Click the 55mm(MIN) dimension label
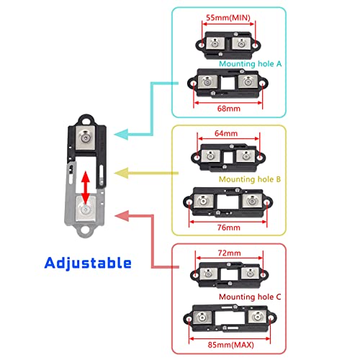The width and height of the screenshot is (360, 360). [x=228, y=18]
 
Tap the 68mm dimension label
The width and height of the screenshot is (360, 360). [x=229, y=109]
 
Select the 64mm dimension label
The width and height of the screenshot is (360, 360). [x=226, y=133]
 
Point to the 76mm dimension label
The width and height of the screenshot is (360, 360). [x=229, y=228]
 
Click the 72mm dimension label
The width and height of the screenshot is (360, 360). [x=229, y=253]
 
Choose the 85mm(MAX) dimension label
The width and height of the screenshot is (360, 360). [x=230, y=345]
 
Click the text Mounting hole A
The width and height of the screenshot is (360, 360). [x=250, y=64]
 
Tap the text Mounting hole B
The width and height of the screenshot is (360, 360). [x=250, y=179]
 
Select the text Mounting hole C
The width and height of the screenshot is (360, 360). [x=250, y=297]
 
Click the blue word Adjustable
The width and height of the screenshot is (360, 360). [x=88, y=264]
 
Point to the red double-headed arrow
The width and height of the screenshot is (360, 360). [x=85, y=187]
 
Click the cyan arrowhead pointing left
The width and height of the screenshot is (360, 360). [x=122, y=134]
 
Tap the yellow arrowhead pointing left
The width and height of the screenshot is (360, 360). [x=122, y=173]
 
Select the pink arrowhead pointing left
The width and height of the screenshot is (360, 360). [x=122, y=216]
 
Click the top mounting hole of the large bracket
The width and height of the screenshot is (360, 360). [x=86, y=121]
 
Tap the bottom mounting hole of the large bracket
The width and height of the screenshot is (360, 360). [x=84, y=230]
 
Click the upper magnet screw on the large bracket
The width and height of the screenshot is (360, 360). [x=85, y=138]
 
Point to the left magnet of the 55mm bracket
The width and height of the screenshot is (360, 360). [x=215, y=44]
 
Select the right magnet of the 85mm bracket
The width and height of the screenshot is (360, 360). [x=258, y=317]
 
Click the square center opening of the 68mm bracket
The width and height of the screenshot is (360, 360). [x=228, y=83]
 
